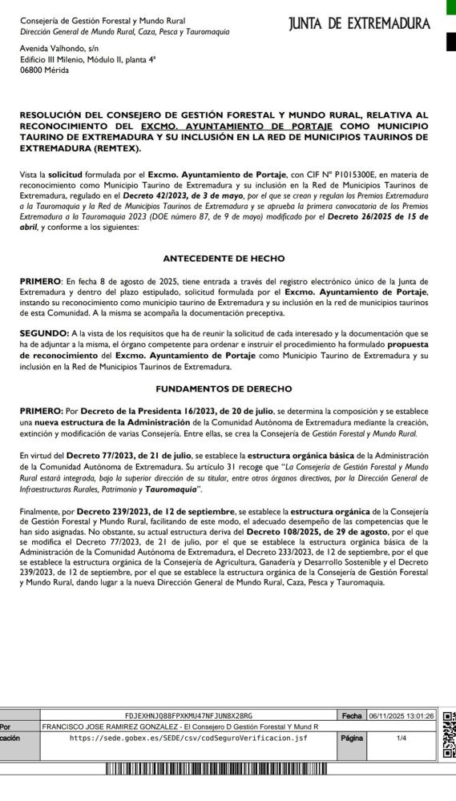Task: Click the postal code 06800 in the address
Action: (32, 70)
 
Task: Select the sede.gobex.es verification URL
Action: (188, 738)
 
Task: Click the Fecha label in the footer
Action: (352, 715)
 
